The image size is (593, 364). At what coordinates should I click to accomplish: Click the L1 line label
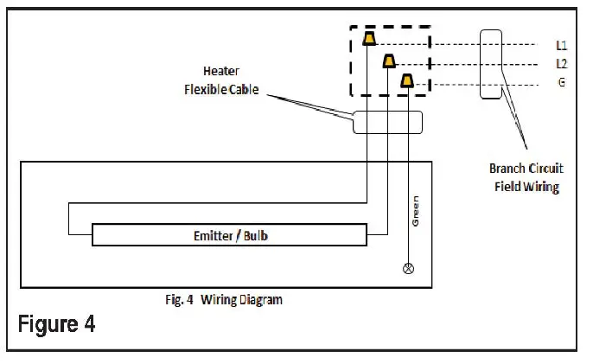pos(561,44)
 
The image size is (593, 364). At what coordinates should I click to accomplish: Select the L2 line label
pos(561,64)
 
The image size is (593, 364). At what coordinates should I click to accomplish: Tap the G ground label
pos(561,84)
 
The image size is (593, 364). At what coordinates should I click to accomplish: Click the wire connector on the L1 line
pos(369,39)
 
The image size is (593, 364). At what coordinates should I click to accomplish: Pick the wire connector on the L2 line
pos(389,61)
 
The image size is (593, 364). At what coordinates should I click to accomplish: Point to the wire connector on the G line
pos(407,81)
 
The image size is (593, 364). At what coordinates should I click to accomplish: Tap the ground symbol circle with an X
pos(409,268)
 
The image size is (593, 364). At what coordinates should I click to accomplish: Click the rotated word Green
pos(415,212)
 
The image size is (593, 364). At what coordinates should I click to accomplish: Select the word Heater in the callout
pos(220,71)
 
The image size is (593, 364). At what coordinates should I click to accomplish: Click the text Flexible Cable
pos(220,89)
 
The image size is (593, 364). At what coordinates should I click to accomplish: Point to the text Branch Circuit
pos(526,169)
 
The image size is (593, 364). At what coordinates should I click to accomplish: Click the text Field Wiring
pos(526,186)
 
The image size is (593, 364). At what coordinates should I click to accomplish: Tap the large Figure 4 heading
pos(57,325)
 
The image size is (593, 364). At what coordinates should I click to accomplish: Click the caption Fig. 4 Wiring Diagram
pos(225,300)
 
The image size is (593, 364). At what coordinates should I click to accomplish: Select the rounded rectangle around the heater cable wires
pos(387,122)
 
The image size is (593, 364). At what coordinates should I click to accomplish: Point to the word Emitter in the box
pos(213,234)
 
